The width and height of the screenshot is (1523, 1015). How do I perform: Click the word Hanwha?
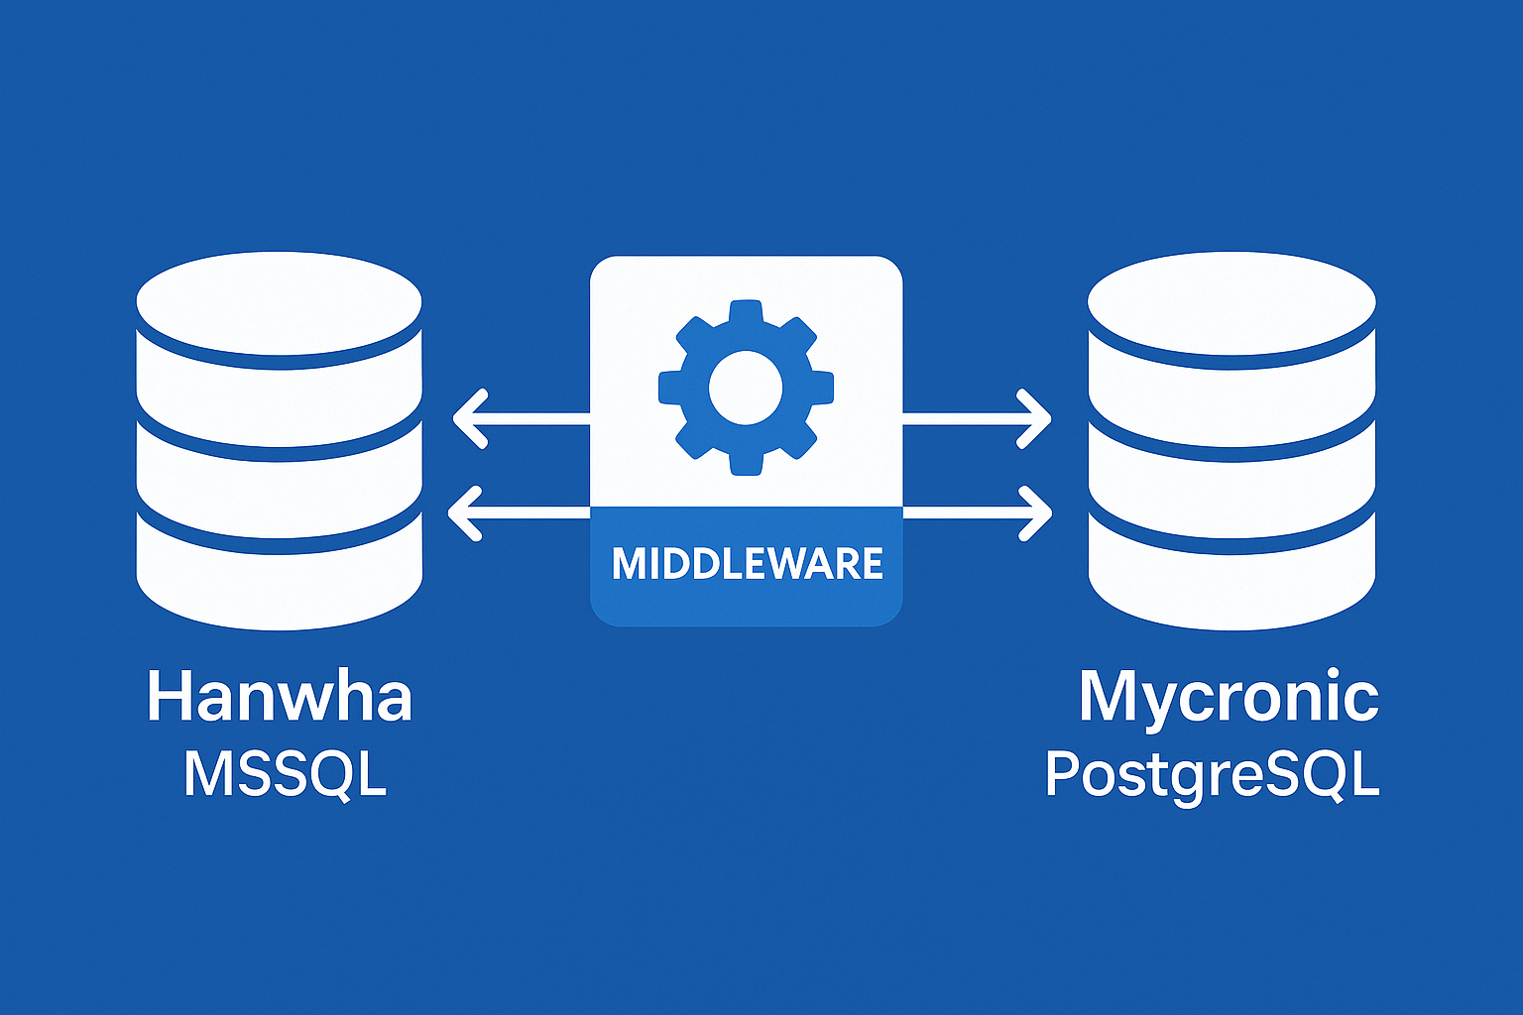(279, 697)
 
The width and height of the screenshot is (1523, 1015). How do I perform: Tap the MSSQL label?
(285, 774)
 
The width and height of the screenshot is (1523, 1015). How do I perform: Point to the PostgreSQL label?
(1212, 775)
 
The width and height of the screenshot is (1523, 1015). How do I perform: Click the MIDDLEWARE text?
(747, 564)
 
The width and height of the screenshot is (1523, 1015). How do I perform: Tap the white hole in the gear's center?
(746, 388)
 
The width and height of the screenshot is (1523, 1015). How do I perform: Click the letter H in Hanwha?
(170, 696)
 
